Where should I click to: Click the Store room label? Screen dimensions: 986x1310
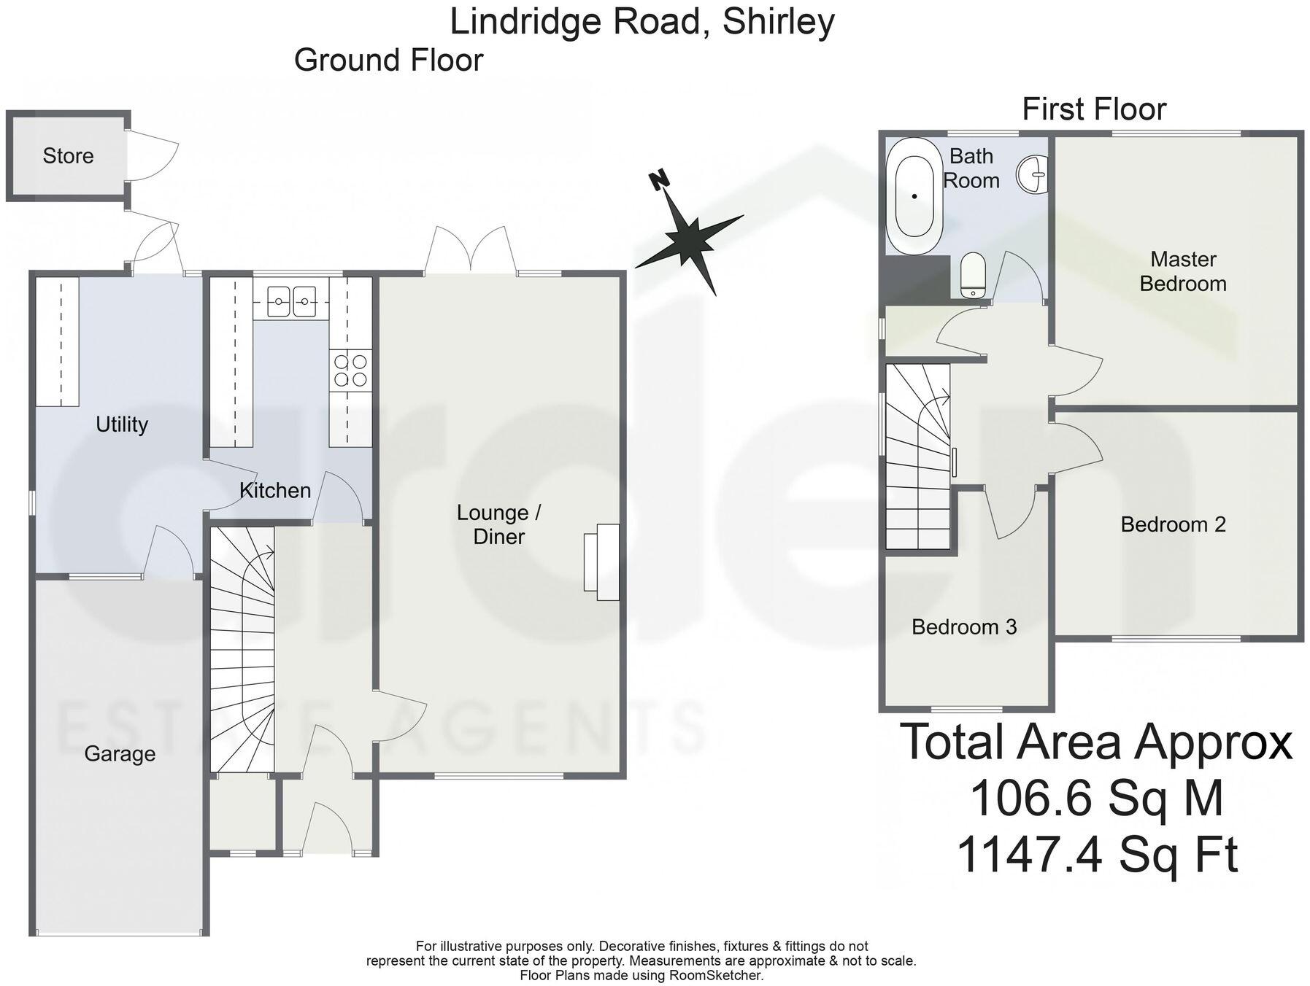[x=68, y=155]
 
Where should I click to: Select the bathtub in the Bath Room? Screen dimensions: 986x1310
[x=914, y=195]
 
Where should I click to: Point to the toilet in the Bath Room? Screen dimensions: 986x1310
[x=972, y=276]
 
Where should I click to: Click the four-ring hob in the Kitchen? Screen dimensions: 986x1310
[x=350, y=369]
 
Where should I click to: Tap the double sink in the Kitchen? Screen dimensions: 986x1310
[x=291, y=300]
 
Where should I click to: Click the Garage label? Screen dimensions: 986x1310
[x=120, y=753]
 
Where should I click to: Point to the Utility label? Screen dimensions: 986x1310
[x=122, y=424]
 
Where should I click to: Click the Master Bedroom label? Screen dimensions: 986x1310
[x=1182, y=271]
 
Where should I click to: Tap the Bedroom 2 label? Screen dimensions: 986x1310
[x=1173, y=524]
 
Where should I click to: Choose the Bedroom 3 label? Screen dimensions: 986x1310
[x=963, y=626]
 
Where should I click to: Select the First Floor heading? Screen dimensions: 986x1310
[x=1093, y=109]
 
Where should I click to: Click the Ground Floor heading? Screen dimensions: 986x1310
[x=388, y=60]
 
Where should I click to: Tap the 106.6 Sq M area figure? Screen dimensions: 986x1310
[x=1095, y=798]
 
